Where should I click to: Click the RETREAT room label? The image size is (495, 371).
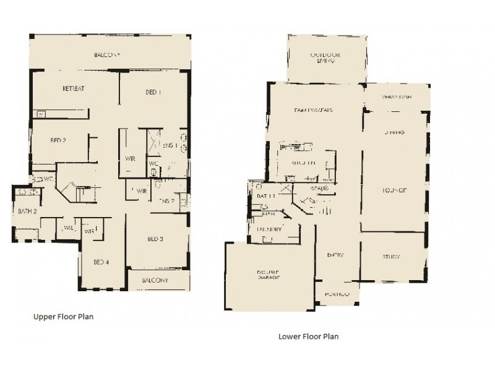(x=73, y=89)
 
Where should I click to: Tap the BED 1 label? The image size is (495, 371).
(x=153, y=93)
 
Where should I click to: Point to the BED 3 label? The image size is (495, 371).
(x=155, y=238)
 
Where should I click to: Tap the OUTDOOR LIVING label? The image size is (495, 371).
(x=322, y=58)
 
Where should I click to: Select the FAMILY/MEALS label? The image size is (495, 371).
(x=313, y=111)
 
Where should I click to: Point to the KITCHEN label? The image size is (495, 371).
(x=304, y=163)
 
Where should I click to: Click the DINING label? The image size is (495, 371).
(x=393, y=132)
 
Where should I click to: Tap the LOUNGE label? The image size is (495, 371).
(x=394, y=190)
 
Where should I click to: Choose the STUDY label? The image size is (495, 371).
(x=391, y=257)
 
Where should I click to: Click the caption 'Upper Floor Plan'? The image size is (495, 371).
(x=62, y=315)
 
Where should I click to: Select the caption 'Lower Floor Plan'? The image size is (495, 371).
(x=307, y=337)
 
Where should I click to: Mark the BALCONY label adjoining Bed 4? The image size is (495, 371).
(x=154, y=280)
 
